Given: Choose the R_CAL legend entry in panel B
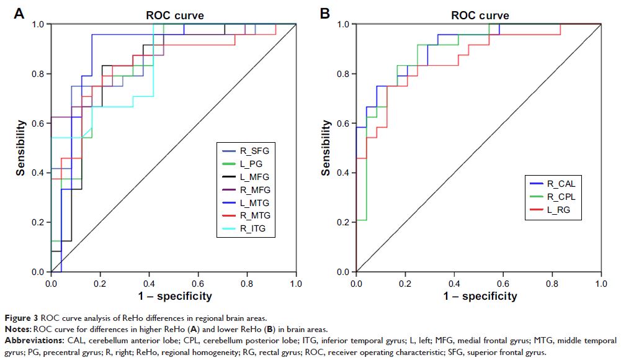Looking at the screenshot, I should tap(560, 184).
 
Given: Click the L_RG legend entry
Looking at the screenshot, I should tap(558, 210).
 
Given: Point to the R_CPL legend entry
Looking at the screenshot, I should tap(560, 197).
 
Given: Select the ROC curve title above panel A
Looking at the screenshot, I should tap(174, 14).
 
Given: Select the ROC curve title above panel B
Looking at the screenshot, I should tap(480, 14).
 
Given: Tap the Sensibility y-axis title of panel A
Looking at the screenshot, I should tap(21, 148).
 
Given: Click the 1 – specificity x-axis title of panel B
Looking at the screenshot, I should tap(480, 296).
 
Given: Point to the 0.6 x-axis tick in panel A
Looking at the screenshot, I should tap(198, 282).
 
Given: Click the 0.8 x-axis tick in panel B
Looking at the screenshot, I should tap(552, 282).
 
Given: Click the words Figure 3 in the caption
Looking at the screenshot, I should tap(20, 317).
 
